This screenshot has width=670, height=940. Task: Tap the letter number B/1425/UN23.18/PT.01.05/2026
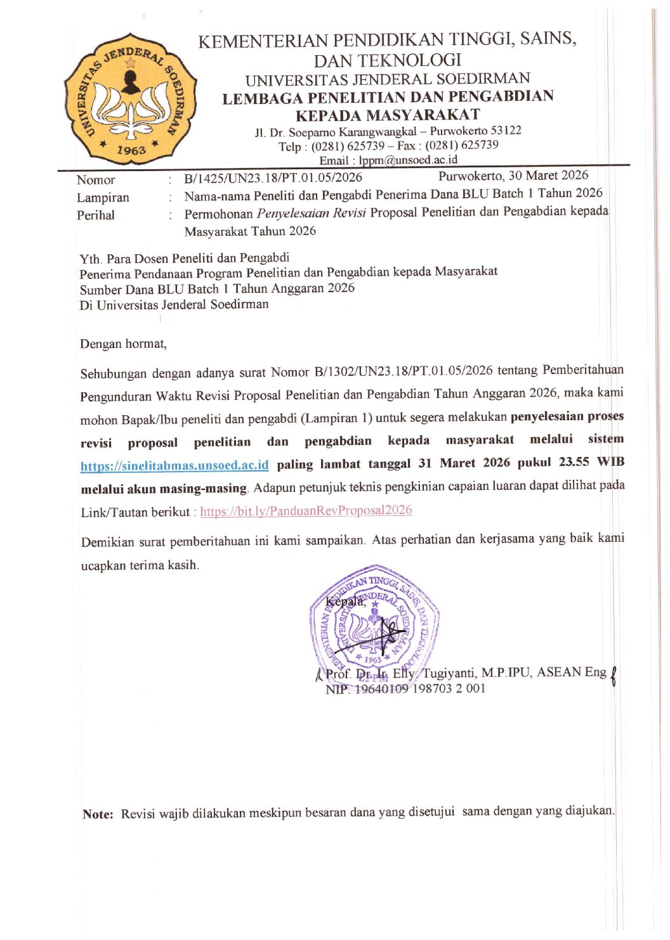(273, 178)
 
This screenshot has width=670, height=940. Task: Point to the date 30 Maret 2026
(548, 176)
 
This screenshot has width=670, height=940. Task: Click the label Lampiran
(103, 198)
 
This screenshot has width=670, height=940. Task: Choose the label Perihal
(96, 216)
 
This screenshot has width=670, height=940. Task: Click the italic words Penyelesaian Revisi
(311, 213)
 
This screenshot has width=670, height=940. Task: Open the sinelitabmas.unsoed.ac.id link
(174, 466)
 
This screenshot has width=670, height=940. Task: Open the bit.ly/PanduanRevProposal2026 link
(306, 511)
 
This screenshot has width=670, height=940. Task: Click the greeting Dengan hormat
(123, 344)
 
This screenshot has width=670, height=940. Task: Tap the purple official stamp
(374, 621)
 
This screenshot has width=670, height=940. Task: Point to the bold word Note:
(98, 814)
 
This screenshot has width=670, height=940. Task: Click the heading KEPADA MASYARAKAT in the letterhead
(388, 115)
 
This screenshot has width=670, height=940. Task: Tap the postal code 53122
(506, 131)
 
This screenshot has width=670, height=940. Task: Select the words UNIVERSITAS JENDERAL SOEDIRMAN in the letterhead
(388, 80)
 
